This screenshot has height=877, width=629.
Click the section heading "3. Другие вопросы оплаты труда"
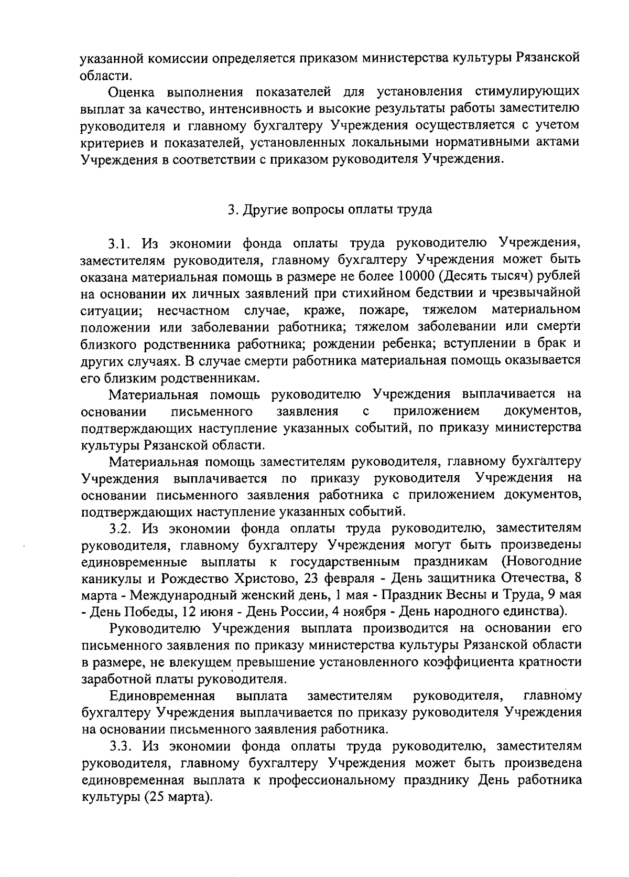(x=330, y=210)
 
